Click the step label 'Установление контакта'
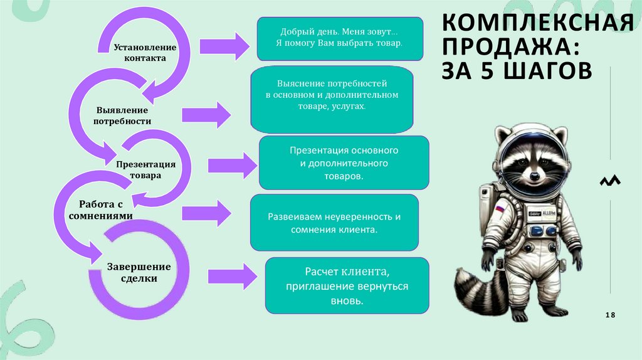coord(145,53)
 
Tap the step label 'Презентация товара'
coord(145,169)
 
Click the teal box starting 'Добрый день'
coord(339,39)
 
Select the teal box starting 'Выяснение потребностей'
coord(332,101)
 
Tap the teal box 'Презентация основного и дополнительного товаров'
coord(344,163)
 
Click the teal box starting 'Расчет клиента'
coord(347,285)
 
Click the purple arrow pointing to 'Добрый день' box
coord(224,46)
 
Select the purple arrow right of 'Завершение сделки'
coord(232,276)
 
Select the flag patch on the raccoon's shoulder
coord(500,208)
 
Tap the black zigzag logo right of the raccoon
coord(610,181)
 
